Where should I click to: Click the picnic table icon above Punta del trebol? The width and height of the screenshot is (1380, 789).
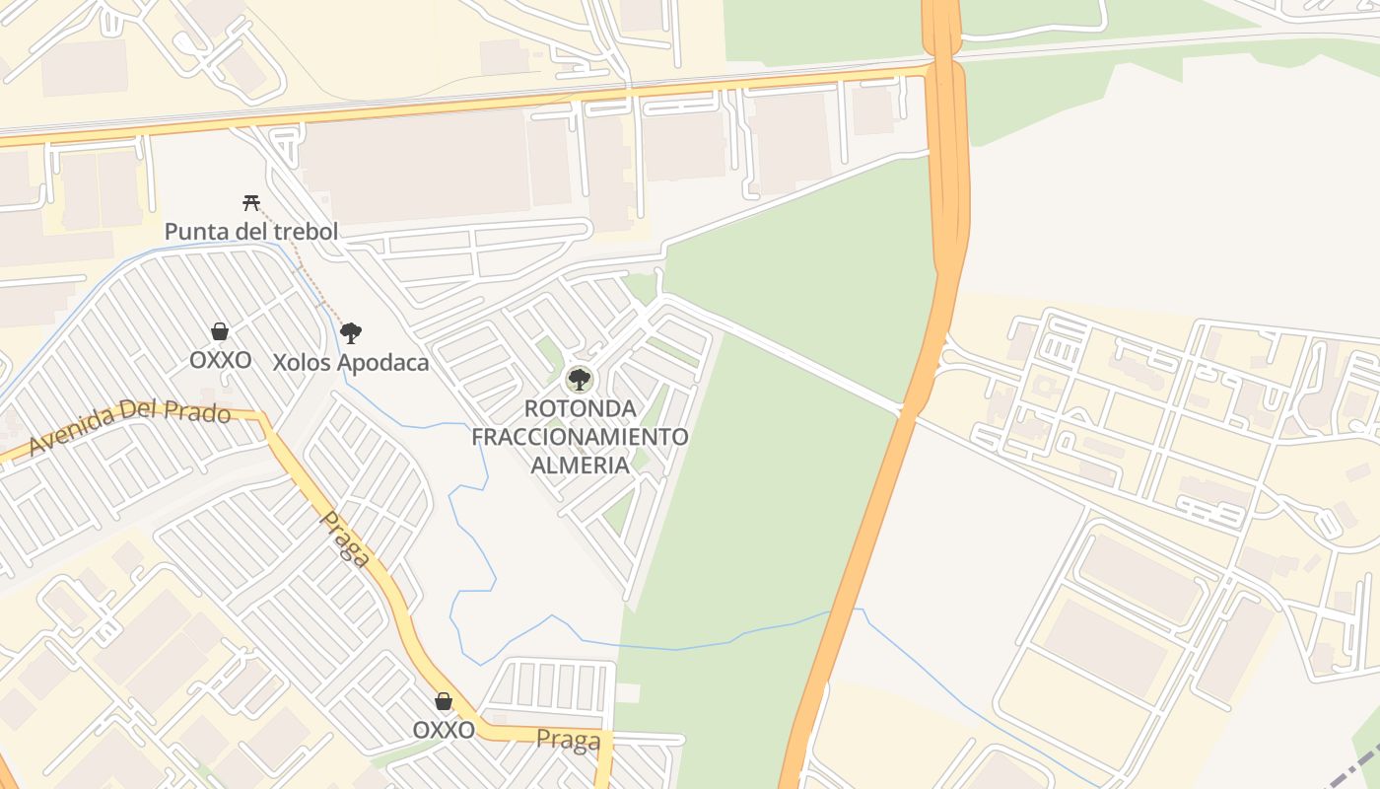click(x=251, y=203)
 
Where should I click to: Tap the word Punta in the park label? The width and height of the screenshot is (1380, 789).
click(x=191, y=232)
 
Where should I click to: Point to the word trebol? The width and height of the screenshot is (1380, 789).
click(x=306, y=232)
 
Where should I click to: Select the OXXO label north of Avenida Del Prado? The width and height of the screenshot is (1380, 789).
click(x=220, y=360)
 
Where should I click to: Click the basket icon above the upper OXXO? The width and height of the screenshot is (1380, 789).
click(x=220, y=331)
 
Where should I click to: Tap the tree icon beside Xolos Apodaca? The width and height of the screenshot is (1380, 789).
click(x=351, y=333)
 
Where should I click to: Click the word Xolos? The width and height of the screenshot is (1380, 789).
click(x=302, y=363)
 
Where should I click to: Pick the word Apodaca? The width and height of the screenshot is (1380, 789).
click(x=383, y=363)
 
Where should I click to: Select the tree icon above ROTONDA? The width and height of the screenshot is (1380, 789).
click(x=580, y=379)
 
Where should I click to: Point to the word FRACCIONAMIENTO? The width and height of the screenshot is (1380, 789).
click(x=580, y=436)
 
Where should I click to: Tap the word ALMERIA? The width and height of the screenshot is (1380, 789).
click(x=580, y=465)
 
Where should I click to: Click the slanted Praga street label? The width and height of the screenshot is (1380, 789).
click(x=346, y=539)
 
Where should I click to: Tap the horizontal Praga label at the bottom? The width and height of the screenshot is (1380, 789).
click(x=568, y=740)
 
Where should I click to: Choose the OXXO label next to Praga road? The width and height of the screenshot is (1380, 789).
click(x=444, y=731)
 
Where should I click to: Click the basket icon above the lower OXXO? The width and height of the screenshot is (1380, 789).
click(x=444, y=701)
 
